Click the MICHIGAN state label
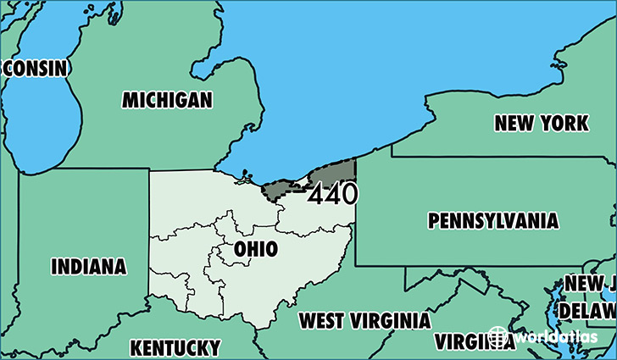pos(166,100)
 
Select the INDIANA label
pos(89,267)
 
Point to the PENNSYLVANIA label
pos(493,222)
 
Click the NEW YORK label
pos(541,124)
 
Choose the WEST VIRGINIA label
pos(364,320)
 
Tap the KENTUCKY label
pos(175,347)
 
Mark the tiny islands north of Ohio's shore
pos(246,176)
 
